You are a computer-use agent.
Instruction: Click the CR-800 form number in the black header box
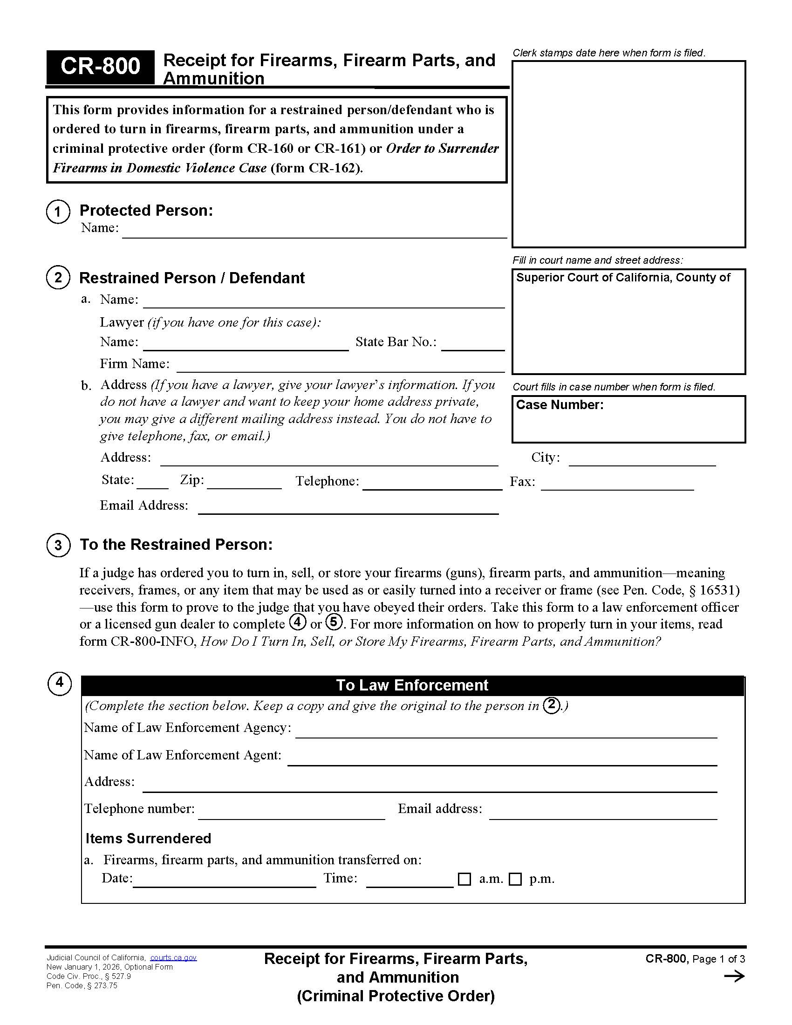[100, 67]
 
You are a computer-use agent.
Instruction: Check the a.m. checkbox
[464, 879]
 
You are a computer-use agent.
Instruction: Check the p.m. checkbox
[515, 879]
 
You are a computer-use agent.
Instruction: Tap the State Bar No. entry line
[472, 344]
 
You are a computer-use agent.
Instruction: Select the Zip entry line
[244, 484]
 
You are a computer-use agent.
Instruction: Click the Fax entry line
[617, 485]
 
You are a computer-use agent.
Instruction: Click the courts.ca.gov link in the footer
[173, 957]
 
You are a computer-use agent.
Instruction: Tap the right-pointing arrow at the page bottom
[734, 977]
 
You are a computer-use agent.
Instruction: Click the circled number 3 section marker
[58, 546]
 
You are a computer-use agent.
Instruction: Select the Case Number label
[559, 405]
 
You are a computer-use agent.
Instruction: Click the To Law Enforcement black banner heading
[412, 685]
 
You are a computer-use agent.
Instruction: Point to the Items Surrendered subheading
[148, 838]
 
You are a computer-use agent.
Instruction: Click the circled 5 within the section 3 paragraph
[333, 622]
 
